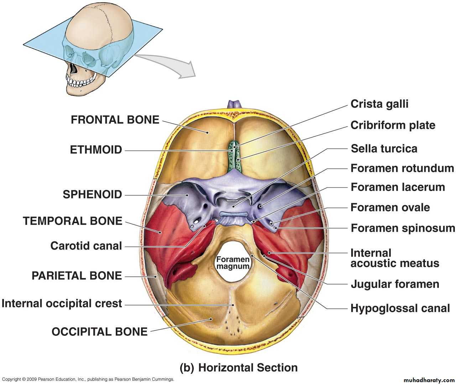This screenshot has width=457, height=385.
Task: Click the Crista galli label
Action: pos(379,104)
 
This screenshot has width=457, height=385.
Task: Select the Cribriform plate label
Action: pos(393,125)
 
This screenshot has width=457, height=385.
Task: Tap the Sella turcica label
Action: pos(384,149)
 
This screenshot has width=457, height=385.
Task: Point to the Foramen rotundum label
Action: pos(402,168)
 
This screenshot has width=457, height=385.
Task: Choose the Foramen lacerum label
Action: pos(398,187)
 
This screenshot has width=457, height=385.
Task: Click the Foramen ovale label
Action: pos(390,207)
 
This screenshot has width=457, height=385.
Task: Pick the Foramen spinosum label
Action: pos(403,228)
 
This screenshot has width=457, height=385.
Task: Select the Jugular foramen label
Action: pos(395,284)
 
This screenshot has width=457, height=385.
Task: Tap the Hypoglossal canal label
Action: pos(400,308)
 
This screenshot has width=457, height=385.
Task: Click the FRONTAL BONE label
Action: pos(115,120)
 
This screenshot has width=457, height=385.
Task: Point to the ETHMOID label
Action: pos(96,150)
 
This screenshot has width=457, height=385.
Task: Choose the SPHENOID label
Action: pos(92,195)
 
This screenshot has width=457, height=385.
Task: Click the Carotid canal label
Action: pos(86,246)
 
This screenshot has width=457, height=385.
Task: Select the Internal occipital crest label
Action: pos(62,304)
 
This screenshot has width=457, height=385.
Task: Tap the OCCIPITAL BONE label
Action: pos(99,332)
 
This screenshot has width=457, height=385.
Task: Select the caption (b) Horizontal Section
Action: pos(238,368)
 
